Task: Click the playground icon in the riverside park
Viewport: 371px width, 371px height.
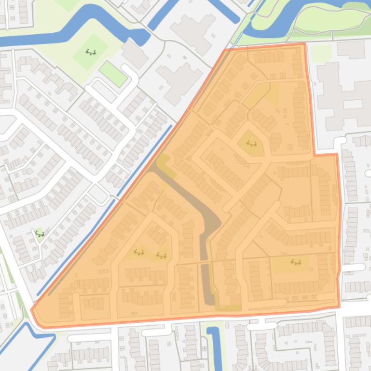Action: tap(90, 52)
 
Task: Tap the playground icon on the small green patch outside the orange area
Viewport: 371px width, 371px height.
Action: tap(40, 235)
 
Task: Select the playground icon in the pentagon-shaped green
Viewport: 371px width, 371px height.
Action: tap(251, 143)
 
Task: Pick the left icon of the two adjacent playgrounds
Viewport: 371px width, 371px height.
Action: tap(139, 252)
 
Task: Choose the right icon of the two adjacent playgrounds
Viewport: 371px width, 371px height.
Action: tap(161, 255)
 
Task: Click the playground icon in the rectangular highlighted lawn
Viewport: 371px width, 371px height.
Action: tap(295, 263)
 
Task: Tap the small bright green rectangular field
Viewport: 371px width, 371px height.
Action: tap(112, 74)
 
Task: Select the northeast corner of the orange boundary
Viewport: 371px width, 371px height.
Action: tap(304, 44)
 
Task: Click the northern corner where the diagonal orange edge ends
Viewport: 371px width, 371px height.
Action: tap(225, 50)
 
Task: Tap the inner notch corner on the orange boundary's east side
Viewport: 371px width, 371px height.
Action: tap(315, 155)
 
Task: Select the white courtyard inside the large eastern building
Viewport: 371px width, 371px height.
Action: tap(352, 104)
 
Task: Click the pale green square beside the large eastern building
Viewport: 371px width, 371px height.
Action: tap(321, 53)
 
